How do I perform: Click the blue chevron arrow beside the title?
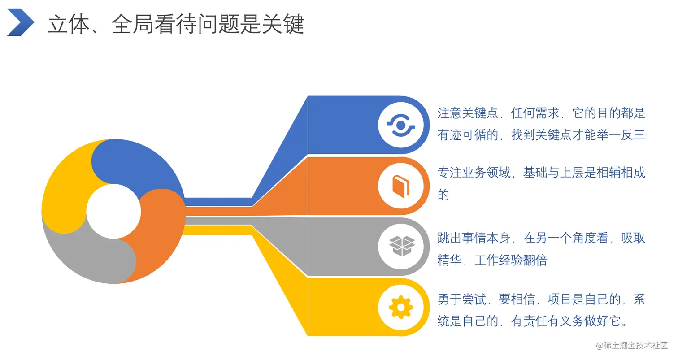point(20,22)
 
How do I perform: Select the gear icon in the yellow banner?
point(400,308)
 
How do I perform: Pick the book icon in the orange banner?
point(400,186)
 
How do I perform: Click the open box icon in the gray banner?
point(400,246)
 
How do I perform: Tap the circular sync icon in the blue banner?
point(400,125)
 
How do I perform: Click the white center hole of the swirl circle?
point(113,211)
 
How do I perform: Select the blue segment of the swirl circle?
point(135,166)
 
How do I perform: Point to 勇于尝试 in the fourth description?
point(462,299)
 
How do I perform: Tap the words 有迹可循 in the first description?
point(462,134)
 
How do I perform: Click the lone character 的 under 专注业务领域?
point(443,195)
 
